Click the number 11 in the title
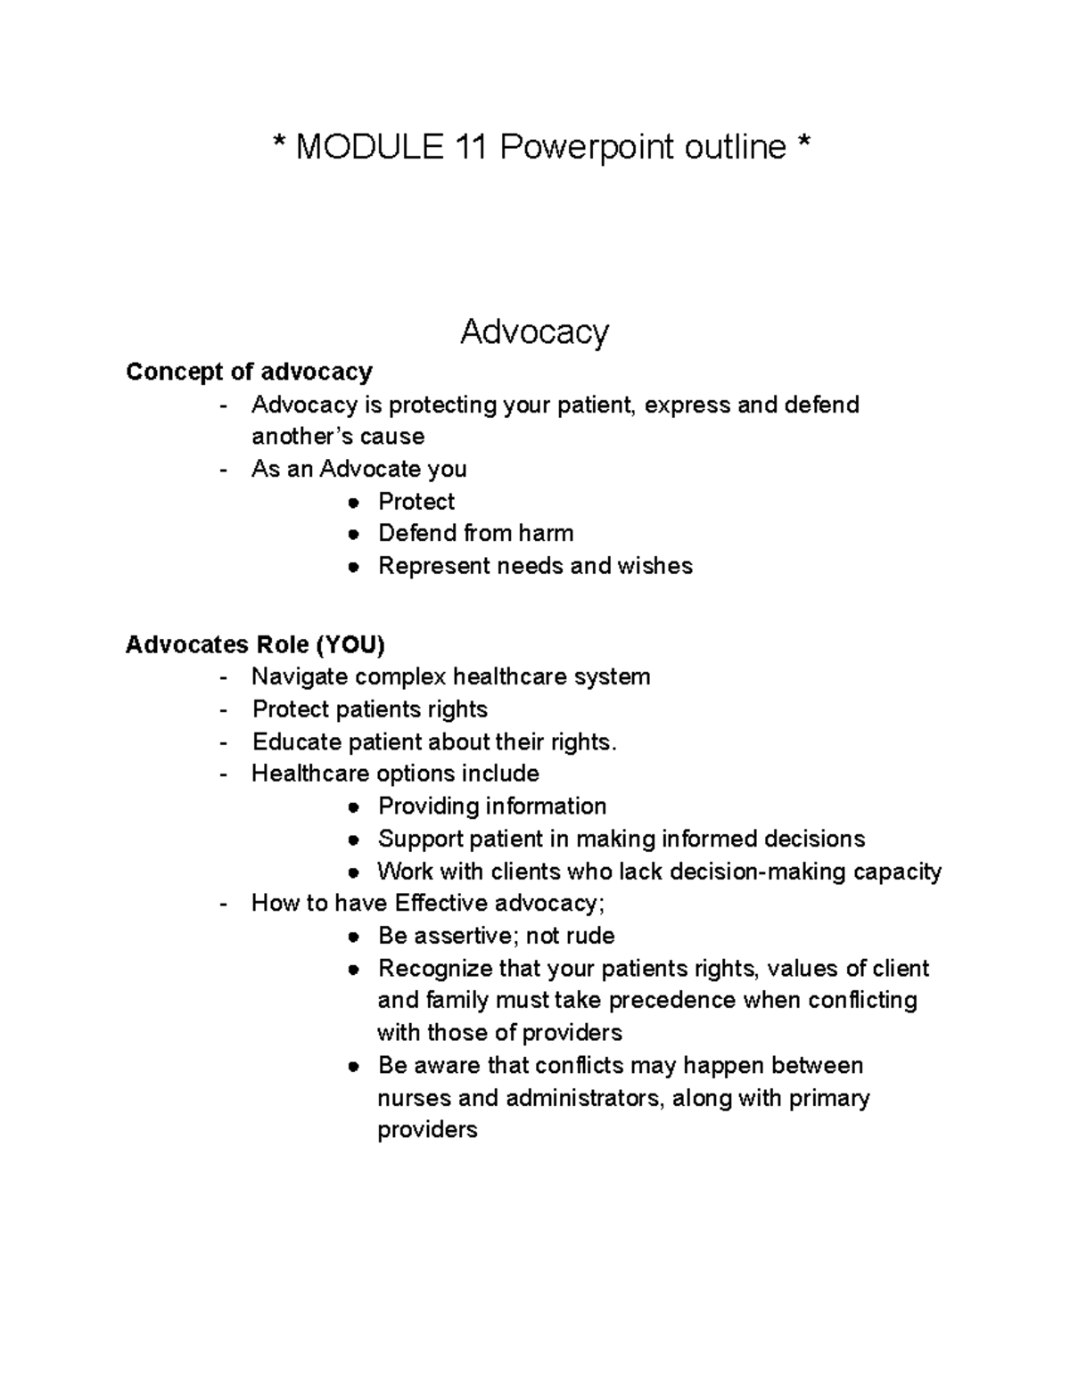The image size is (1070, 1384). coord(469,147)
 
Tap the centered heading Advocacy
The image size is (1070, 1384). coord(534,332)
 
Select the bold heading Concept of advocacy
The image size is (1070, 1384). coord(249,372)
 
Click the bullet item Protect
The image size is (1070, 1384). coord(416,502)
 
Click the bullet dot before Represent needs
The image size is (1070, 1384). coord(354,567)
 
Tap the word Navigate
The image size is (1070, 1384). coord(300,677)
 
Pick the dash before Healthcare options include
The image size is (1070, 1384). coord(224,774)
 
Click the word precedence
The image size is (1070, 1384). coord(672,1001)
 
